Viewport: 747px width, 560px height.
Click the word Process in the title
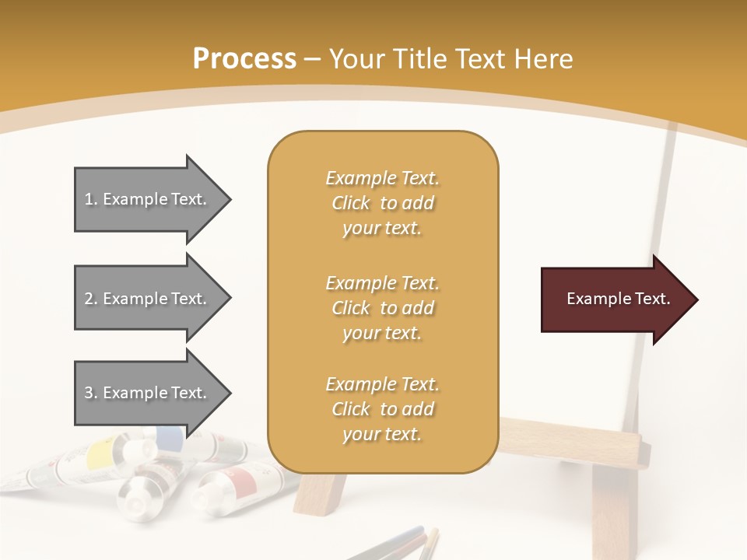[x=244, y=59]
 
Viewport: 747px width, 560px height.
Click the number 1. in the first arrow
[x=91, y=199]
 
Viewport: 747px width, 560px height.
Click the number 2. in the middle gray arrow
[x=91, y=299]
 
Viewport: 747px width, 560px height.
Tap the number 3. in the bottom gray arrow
[x=91, y=393]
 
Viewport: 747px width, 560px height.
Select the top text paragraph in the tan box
[x=382, y=203]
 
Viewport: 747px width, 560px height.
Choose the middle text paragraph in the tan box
[x=382, y=308]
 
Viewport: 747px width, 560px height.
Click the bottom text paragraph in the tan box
[x=382, y=409]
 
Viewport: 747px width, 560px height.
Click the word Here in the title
[x=544, y=59]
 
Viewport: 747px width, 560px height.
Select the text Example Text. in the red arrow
[x=618, y=299]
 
